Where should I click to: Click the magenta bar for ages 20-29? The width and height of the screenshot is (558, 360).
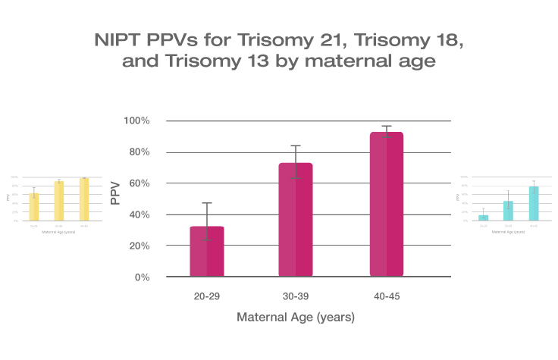pyautogui.click(x=206, y=251)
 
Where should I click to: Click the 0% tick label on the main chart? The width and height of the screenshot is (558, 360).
pyautogui.click(x=143, y=277)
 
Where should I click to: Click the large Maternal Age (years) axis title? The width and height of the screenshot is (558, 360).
pyautogui.click(x=296, y=318)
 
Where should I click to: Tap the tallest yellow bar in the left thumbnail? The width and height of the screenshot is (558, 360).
pyautogui.click(x=84, y=200)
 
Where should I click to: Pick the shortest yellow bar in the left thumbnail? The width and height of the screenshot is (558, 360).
pyautogui.click(x=34, y=207)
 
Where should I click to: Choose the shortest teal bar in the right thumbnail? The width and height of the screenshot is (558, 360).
pyautogui.click(x=484, y=218)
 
